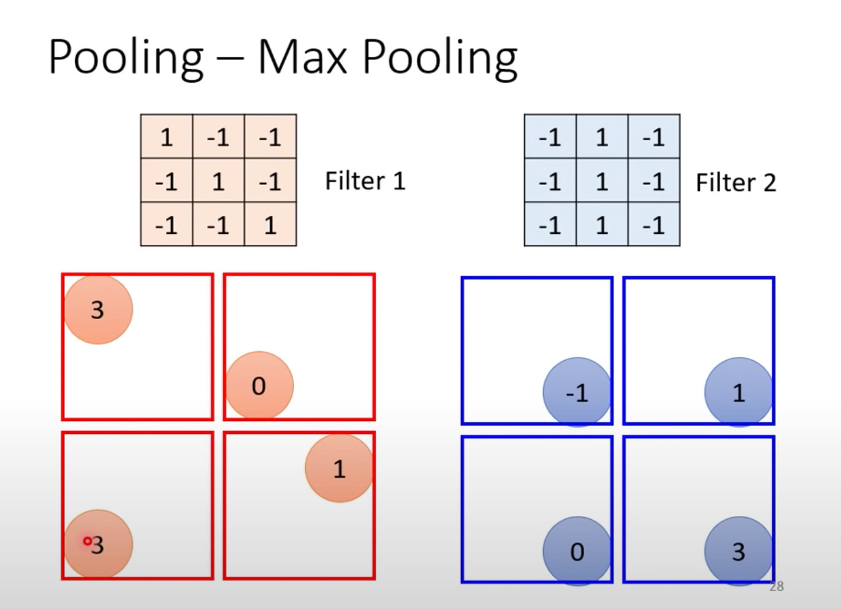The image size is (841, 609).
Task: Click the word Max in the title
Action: point(303,57)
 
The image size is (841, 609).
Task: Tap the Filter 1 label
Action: point(365,181)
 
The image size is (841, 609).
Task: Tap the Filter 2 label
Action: point(736,183)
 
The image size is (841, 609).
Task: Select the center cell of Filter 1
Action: point(218,181)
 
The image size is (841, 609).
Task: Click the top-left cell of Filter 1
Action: point(167,137)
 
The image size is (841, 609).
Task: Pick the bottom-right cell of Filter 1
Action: point(270,225)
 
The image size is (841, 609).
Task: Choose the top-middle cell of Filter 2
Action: point(602,137)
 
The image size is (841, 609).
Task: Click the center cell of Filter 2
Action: point(602,181)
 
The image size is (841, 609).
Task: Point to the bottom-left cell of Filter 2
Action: point(550,225)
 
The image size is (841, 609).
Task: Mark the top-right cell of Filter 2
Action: point(653,137)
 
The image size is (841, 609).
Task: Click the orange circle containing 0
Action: point(259,385)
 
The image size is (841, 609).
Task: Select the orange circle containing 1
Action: point(339,468)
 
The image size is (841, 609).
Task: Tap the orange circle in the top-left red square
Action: point(98,309)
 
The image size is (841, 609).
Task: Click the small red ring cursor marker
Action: point(88,541)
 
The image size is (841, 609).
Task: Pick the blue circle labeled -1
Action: point(577,392)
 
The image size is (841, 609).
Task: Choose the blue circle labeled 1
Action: point(739,392)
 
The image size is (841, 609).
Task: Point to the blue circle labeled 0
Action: point(577,551)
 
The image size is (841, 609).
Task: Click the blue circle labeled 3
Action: point(739,551)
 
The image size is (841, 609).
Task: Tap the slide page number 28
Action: point(777,586)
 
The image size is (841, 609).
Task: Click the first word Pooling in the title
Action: point(126,58)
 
